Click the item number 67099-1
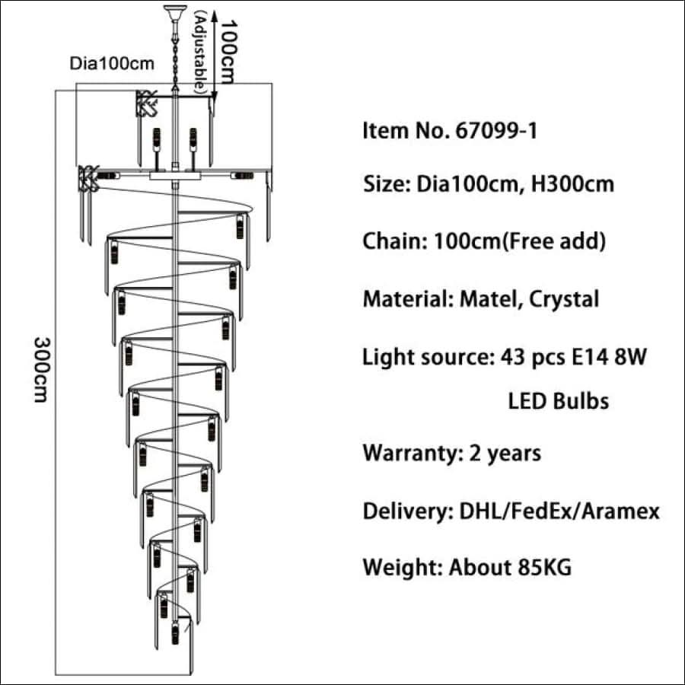click(x=496, y=131)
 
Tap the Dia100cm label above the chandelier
click(x=112, y=63)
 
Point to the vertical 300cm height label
click(x=42, y=370)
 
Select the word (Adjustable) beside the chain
click(x=200, y=52)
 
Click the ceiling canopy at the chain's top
click(x=175, y=13)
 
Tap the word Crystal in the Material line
click(x=563, y=300)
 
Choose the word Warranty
click(x=412, y=454)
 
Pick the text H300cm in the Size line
click(x=572, y=184)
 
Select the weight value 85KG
click(x=545, y=567)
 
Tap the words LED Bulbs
click(x=559, y=401)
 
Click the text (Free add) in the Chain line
click(x=554, y=241)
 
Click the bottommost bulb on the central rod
click(x=175, y=633)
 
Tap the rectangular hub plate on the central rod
click(x=175, y=176)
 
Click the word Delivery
click(x=408, y=511)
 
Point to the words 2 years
click(x=505, y=454)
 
